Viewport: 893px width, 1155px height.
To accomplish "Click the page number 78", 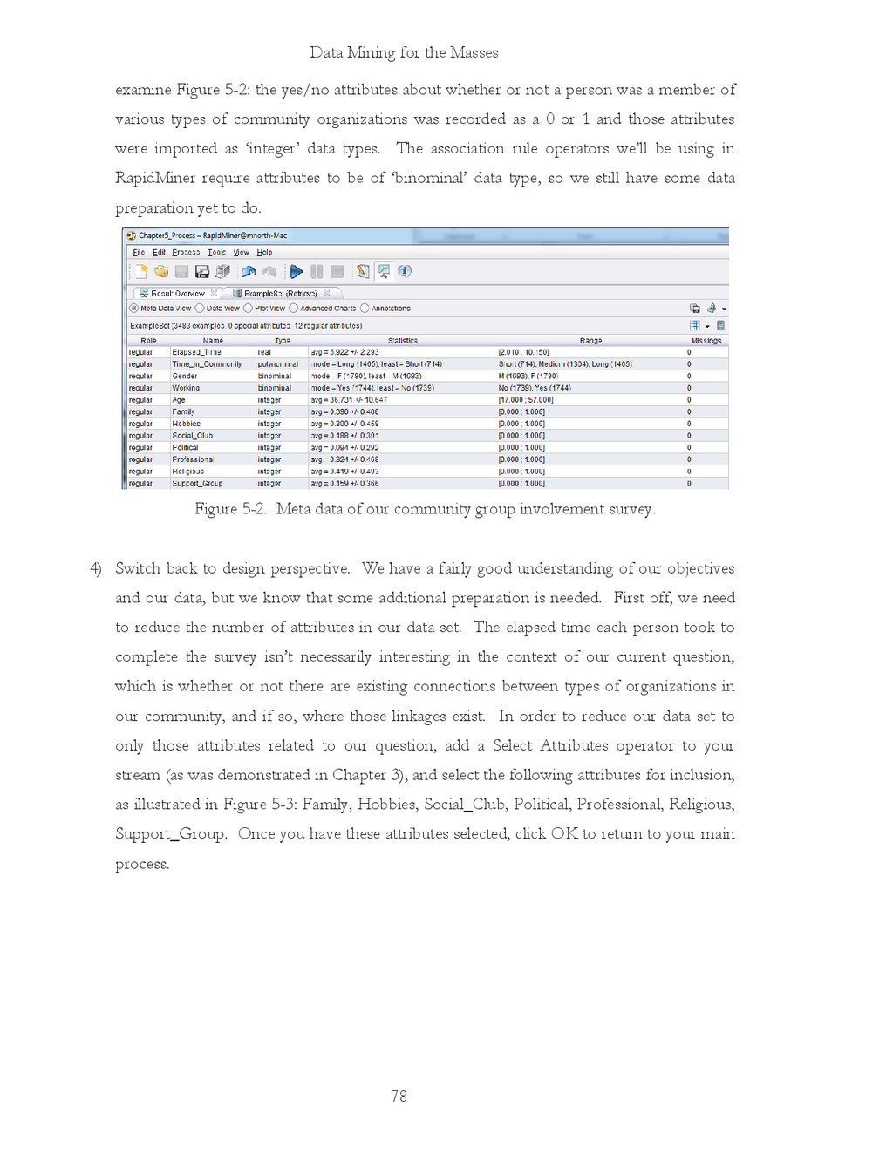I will (399, 1097).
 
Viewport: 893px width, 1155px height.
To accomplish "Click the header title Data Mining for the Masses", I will (404, 52).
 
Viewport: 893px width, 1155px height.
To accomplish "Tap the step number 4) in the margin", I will (96, 568).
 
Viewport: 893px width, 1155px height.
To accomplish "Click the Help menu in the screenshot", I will (264, 253).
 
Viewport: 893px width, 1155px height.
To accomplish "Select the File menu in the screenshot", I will (139, 253).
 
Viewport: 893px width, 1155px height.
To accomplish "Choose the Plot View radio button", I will (249, 309).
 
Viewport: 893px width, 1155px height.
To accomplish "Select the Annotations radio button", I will (365, 309).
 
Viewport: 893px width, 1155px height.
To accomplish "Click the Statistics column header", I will (403, 341).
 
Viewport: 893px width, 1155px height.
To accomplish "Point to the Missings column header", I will (706, 341).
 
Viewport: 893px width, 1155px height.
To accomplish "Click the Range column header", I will (590, 341).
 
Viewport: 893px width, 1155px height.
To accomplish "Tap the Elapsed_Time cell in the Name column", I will (196, 353).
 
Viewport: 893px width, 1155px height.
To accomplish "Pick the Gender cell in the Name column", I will (185, 377).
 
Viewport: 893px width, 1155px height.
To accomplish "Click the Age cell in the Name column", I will (179, 400).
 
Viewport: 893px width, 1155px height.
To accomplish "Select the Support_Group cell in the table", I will (197, 483).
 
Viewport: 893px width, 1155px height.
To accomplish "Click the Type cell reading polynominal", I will (278, 364).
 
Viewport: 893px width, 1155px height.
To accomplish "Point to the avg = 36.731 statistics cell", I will (349, 400).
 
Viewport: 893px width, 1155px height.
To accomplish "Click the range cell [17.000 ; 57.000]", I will (526, 400).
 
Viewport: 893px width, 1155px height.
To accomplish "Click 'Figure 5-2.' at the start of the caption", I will (230, 509).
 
